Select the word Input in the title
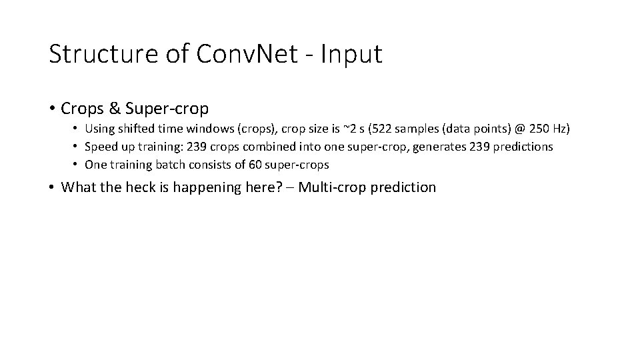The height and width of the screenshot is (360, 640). point(351,54)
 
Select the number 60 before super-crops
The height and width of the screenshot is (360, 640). point(261,165)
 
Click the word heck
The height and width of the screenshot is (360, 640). point(138,187)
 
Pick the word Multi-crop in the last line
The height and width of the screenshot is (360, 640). point(331,187)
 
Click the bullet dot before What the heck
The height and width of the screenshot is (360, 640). point(51,187)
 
